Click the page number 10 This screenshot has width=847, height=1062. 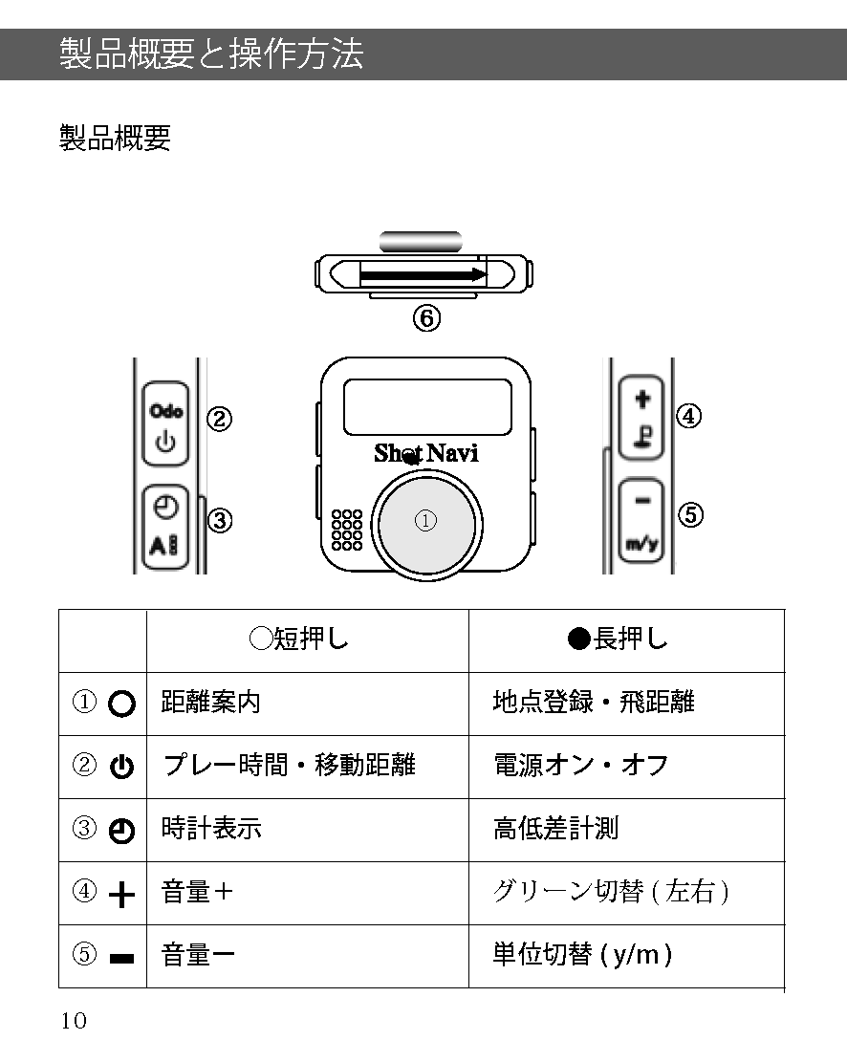(x=74, y=1021)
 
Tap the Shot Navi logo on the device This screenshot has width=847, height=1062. (x=425, y=453)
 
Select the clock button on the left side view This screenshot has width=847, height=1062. (x=165, y=529)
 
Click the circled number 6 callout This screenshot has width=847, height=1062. (x=426, y=318)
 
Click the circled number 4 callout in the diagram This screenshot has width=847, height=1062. (x=688, y=416)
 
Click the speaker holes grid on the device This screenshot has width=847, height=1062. (x=346, y=530)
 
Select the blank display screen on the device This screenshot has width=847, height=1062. (x=426, y=407)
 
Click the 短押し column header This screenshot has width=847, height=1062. (x=299, y=639)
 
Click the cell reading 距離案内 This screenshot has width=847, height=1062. (x=211, y=703)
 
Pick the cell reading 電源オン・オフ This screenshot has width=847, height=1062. (x=580, y=766)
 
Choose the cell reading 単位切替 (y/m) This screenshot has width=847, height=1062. (x=581, y=955)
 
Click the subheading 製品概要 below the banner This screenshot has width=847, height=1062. (x=115, y=138)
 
